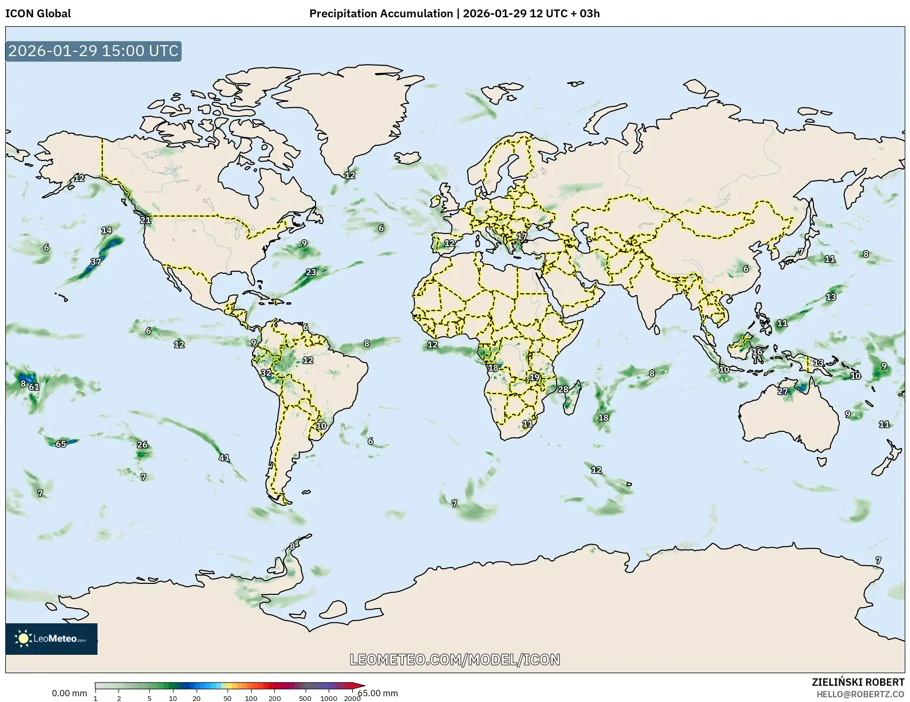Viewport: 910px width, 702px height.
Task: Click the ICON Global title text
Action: (x=38, y=14)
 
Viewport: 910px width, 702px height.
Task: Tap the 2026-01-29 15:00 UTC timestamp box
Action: (x=93, y=51)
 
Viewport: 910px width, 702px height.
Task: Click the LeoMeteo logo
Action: (x=51, y=639)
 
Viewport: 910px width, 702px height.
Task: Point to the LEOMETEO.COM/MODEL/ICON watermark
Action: (x=454, y=660)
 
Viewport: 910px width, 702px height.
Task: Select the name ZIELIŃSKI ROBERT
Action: (x=858, y=682)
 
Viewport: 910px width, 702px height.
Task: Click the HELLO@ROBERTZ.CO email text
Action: (x=860, y=694)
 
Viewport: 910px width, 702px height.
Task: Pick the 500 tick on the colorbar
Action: (x=305, y=698)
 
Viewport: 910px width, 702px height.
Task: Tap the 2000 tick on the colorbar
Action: (x=352, y=698)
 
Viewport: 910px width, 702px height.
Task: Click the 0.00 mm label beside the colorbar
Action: (x=69, y=694)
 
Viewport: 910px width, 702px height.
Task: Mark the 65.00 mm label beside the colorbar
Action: (x=378, y=694)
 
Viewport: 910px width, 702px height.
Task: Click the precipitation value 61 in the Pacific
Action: (x=34, y=387)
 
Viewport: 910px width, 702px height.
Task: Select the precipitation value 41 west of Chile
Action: (x=224, y=458)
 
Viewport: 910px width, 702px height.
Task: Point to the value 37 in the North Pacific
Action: (x=95, y=262)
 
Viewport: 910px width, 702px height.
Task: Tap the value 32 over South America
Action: (x=266, y=373)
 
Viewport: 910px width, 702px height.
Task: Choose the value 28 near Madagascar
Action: (x=563, y=389)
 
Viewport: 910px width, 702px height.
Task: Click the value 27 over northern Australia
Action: (x=782, y=391)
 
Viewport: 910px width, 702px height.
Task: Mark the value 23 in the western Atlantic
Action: (x=311, y=272)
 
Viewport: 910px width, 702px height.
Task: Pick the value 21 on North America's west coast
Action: (x=145, y=220)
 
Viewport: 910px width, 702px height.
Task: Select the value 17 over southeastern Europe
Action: (x=522, y=237)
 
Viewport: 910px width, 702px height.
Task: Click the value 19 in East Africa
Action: (x=534, y=377)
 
